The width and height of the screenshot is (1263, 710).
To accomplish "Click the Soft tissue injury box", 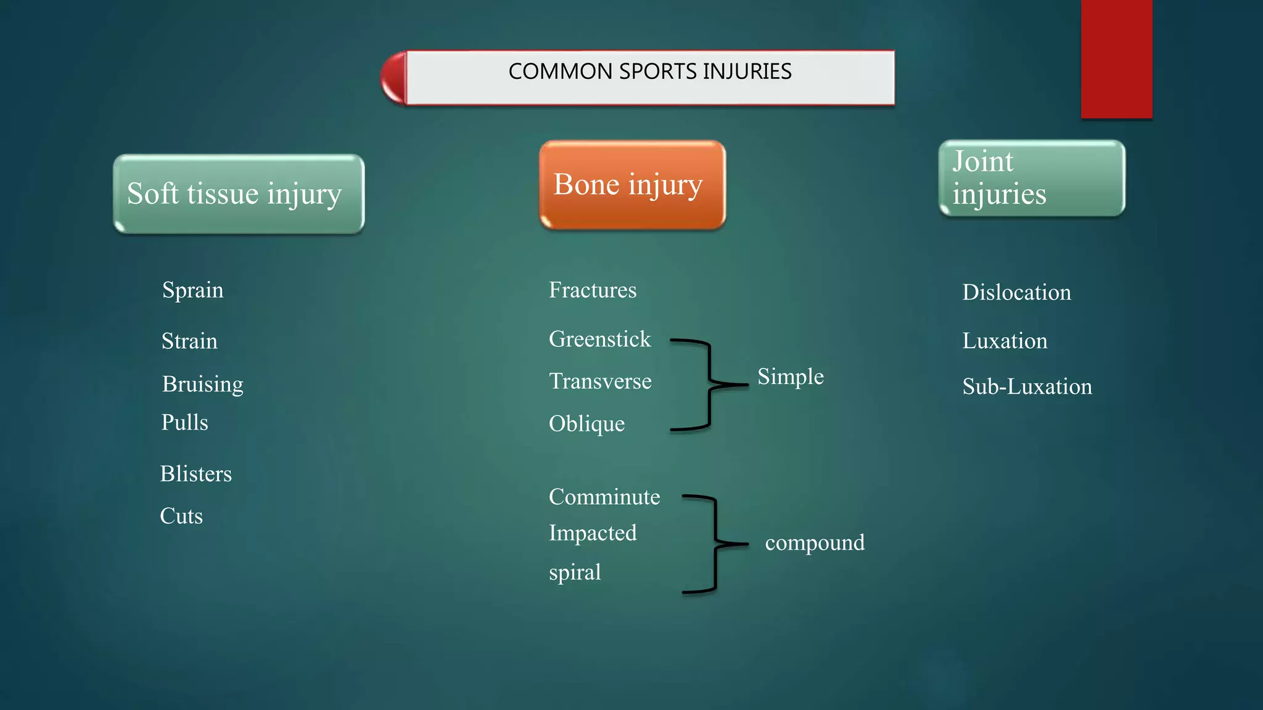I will pos(239,194).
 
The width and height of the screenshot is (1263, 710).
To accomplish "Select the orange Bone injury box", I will pos(631,185).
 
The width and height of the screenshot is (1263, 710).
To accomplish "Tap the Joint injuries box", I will pos(1031,178).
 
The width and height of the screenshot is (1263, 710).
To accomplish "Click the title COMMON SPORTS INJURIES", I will pos(649,72).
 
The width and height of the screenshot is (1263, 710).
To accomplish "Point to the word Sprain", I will pos(192,290).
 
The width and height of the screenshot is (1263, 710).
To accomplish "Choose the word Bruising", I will pos(202,384).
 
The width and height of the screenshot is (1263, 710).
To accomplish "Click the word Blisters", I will pos(195,474).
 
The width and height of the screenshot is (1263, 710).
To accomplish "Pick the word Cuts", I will pos(181,516).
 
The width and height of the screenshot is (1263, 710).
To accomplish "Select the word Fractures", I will pos(592,290).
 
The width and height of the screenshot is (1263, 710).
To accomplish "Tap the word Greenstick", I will pos(599,340).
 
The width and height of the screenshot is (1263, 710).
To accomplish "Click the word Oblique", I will pos(586,424).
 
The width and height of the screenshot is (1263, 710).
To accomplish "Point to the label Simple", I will pos(790,377).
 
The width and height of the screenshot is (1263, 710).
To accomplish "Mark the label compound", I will pos(814,543).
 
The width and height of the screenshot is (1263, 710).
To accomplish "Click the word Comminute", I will pos(604,497).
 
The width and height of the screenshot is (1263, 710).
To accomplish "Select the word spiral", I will pos(574,573).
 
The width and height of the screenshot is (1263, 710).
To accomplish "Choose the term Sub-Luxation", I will pos(1027,387).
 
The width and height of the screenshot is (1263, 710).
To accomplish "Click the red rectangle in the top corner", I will pos(1116,59).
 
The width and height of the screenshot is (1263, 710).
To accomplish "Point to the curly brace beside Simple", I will pos(710,384).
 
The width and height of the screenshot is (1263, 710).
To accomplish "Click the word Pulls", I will pos(184,423).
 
